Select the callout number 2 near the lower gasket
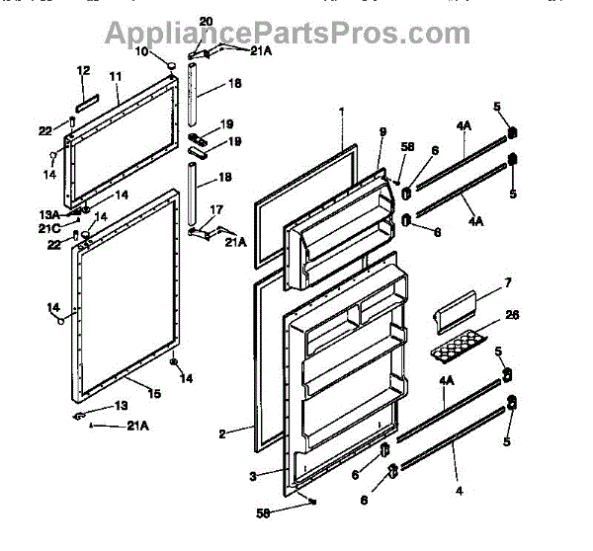222,433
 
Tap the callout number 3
253,476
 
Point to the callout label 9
382,131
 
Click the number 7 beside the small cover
507,283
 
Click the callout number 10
141,50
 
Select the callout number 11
115,76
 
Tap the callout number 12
83,70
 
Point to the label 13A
49,214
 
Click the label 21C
49,228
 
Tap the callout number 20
206,21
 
